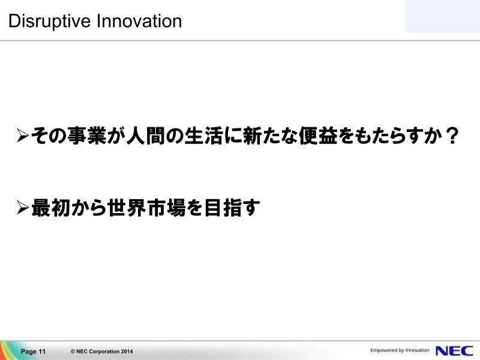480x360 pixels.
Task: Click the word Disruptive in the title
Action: pyautogui.click(x=50, y=22)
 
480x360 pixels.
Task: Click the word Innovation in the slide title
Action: pyautogui.click(x=139, y=21)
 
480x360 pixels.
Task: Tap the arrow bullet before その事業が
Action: pyautogui.click(x=23, y=136)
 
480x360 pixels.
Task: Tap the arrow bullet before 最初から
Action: pyautogui.click(x=23, y=208)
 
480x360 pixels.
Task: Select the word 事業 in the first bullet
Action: pyautogui.click(x=86, y=136)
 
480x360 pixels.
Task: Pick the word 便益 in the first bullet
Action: pyautogui.click(x=318, y=136)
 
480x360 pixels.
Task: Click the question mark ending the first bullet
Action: pyautogui.click(x=451, y=136)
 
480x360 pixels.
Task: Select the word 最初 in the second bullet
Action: pyautogui.click(x=50, y=208)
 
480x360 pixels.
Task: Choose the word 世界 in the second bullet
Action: pyautogui.click(x=126, y=208)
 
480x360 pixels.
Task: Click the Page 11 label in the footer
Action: pyautogui.click(x=33, y=352)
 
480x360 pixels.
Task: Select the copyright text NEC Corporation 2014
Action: pyautogui.click(x=102, y=352)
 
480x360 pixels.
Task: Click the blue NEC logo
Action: pyautogui.click(x=454, y=351)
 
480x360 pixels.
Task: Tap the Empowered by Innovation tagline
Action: pyautogui.click(x=400, y=350)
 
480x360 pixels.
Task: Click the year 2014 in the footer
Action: pyautogui.click(x=127, y=352)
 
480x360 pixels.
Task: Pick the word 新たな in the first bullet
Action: pyautogui.click(x=271, y=136)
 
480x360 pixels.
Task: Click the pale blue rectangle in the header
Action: pyautogui.click(x=443, y=16)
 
